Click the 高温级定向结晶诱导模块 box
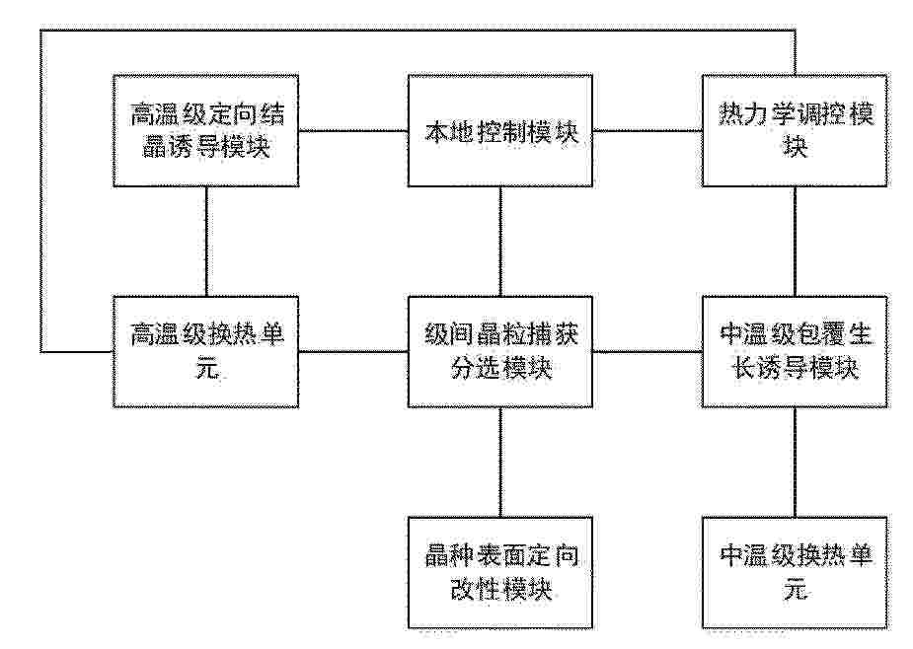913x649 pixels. pos(206,131)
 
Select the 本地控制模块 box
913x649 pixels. pos(500,131)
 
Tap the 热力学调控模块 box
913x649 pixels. pos(795,131)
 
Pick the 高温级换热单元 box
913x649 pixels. pos(206,351)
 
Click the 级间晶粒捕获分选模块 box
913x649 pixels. pos(500,351)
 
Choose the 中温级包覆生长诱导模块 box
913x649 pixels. pos(795,351)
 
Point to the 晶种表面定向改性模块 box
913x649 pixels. pos(500,573)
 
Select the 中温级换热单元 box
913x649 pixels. pos(795,573)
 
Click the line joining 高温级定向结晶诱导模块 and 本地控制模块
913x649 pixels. pos(353,130)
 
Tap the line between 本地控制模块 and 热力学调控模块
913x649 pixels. pos(647,130)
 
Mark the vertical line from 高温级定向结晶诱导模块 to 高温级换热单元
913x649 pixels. pos(206,242)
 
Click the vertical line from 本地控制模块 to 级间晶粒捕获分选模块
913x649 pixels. pos(500,242)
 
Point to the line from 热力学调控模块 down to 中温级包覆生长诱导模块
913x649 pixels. pos(796,242)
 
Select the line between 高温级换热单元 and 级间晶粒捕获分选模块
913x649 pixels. pos(353,351)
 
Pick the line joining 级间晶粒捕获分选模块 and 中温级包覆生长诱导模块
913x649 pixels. pos(647,351)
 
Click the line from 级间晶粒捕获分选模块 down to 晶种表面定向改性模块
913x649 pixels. pos(500,463)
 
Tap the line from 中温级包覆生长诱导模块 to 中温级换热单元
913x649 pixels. pos(796,463)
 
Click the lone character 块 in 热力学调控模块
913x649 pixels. pos(795,146)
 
